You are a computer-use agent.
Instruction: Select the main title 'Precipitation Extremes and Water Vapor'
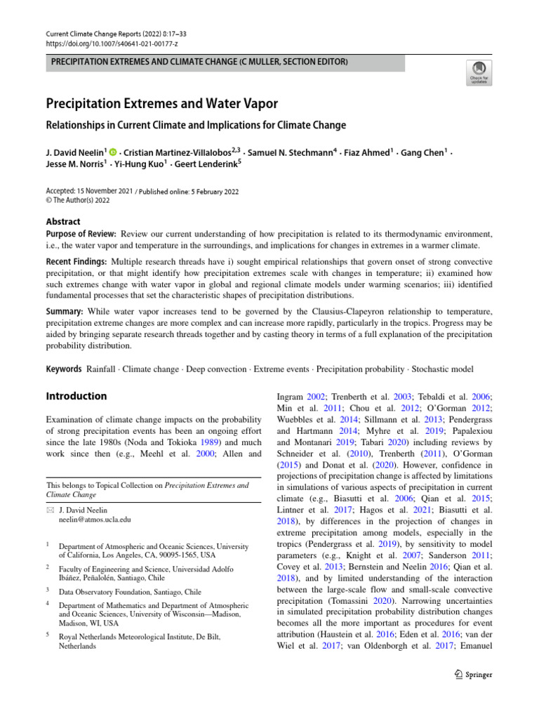point(162,104)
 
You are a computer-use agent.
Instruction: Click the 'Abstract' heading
point(63,221)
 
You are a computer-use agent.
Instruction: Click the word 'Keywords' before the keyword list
point(64,369)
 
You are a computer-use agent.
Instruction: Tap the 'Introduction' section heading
point(76,396)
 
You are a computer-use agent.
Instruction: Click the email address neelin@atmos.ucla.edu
point(95,520)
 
